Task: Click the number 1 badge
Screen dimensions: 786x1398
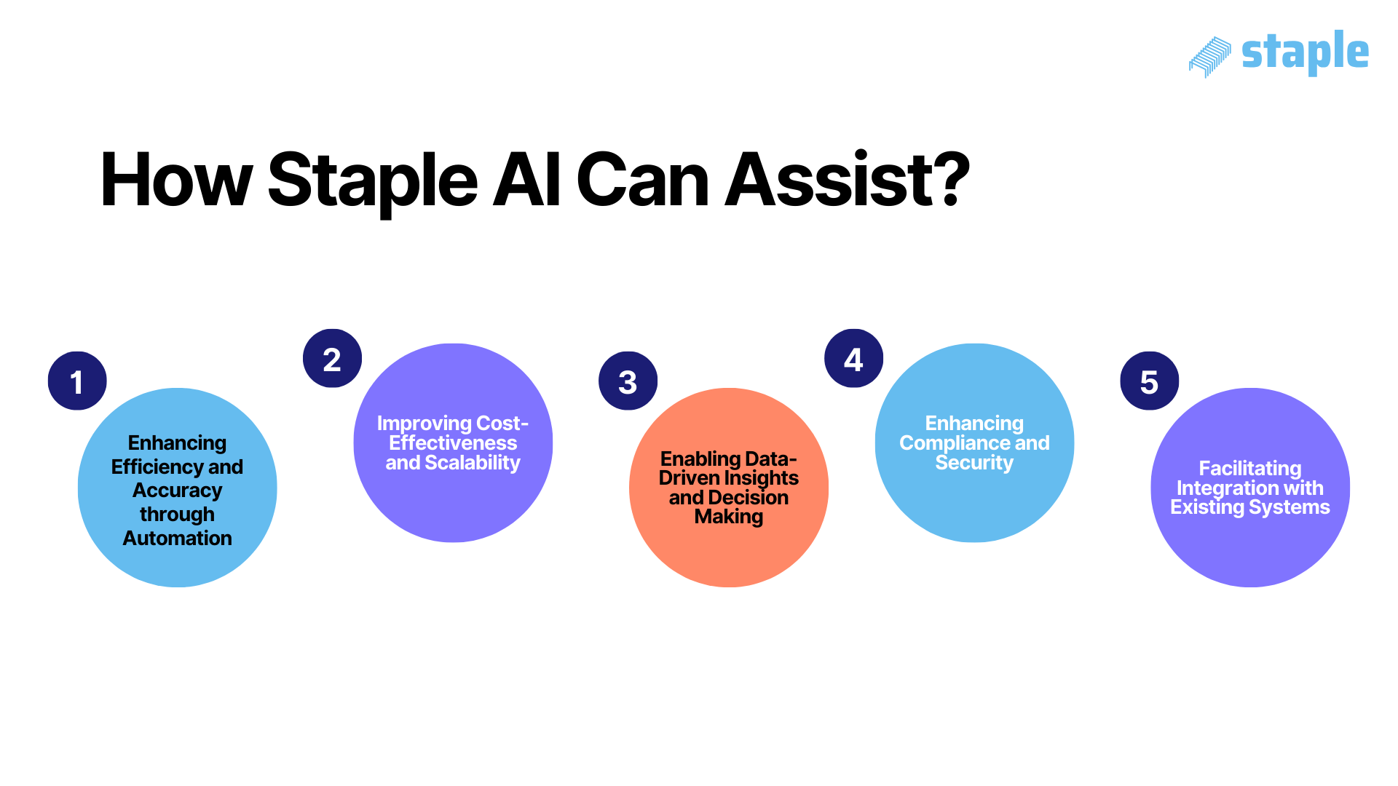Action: tap(77, 381)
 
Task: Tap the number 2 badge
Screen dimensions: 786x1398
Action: tap(332, 359)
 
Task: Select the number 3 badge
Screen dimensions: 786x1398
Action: tap(628, 381)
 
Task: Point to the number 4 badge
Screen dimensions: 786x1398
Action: tap(853, 359)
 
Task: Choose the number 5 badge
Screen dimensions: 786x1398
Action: tap(1149, 381)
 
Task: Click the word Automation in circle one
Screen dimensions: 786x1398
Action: tap(177, 539)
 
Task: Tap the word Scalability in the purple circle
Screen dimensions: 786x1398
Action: tap(473, 463)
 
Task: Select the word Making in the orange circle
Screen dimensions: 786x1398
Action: tap(729, 517)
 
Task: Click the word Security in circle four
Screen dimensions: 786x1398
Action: tap(974, 463)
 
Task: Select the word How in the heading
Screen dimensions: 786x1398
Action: tap(175, 180)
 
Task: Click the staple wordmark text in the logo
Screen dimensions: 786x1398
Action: tap(1305, 52)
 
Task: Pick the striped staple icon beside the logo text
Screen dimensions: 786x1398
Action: tap(1209, 57)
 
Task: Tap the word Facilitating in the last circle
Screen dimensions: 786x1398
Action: tap(1250, 469)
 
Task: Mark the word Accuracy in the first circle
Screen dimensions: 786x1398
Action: tap(177, 491)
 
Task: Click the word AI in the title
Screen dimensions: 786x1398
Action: tap(527, 180)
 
